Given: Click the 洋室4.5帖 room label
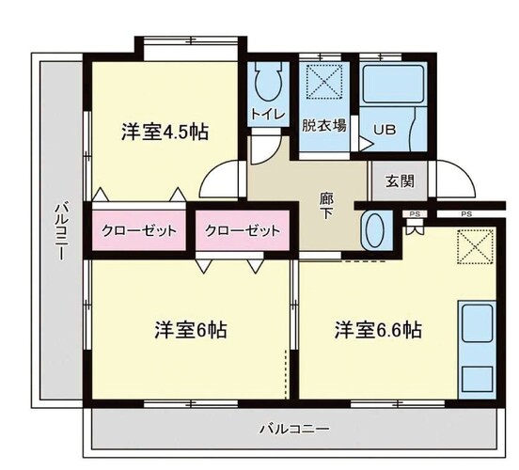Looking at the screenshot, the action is (x=165, y=132).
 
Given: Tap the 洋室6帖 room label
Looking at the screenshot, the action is (x=191, y=330).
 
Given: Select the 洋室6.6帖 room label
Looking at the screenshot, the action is (x=378, y=330).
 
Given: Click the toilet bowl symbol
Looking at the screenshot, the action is (x=269, y=81).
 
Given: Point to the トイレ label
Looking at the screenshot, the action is (x=268, y=115).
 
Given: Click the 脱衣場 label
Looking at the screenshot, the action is (x=324, y=126).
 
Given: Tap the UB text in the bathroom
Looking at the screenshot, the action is (x=385, y=130).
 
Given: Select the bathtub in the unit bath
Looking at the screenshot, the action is (x=393, y=84).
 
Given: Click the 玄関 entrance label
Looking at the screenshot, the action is (x=400, y=181).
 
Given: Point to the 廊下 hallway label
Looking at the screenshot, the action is (x=326, y=206).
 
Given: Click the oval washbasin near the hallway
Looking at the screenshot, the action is (x=375, y=230).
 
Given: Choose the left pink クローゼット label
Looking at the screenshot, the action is (x=139, y=230).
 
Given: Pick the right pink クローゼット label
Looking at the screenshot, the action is (x=243, y=230).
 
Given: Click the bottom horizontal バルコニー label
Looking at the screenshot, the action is (x=294, y=430).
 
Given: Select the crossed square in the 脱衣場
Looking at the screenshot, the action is (x=324, y=81).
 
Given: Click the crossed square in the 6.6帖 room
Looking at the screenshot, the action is (x=476, y=247).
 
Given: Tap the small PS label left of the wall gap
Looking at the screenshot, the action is (x=415, y=214).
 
